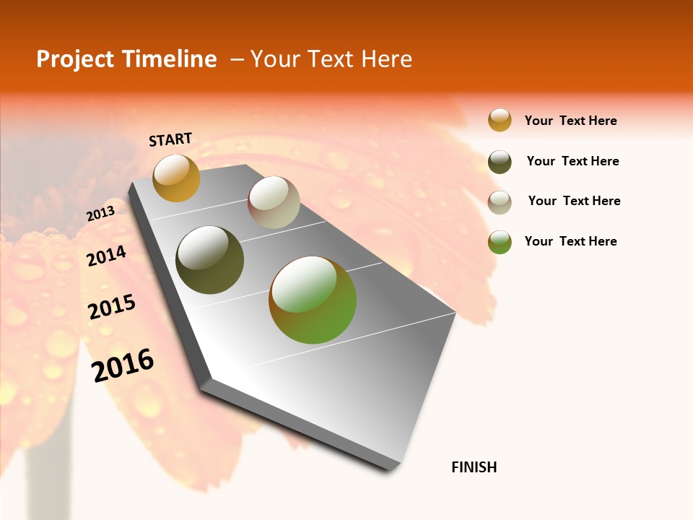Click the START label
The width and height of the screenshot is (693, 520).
[170, 139]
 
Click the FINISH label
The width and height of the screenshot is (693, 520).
[474, 467]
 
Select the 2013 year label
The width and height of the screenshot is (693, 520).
[100, 214]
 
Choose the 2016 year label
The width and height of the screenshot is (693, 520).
[123, 365]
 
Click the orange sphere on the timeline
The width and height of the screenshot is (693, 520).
[176, 178]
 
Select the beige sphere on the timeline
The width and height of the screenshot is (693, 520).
[274, 202]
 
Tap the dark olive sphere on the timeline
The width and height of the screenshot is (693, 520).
[210, 260]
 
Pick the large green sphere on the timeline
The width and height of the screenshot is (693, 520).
[313, 300]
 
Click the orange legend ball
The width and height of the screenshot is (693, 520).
[500, 121]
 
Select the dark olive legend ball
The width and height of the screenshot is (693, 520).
[500, 162]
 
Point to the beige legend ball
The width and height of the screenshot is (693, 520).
[500, 202]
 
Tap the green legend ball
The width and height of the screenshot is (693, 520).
[500, 242]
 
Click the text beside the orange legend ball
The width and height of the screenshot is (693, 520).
[570, 121]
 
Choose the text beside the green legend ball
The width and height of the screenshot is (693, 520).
[570, 241]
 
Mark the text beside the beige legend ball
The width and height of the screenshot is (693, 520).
[574, 201]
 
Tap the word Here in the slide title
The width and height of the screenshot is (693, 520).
[386, 59]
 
